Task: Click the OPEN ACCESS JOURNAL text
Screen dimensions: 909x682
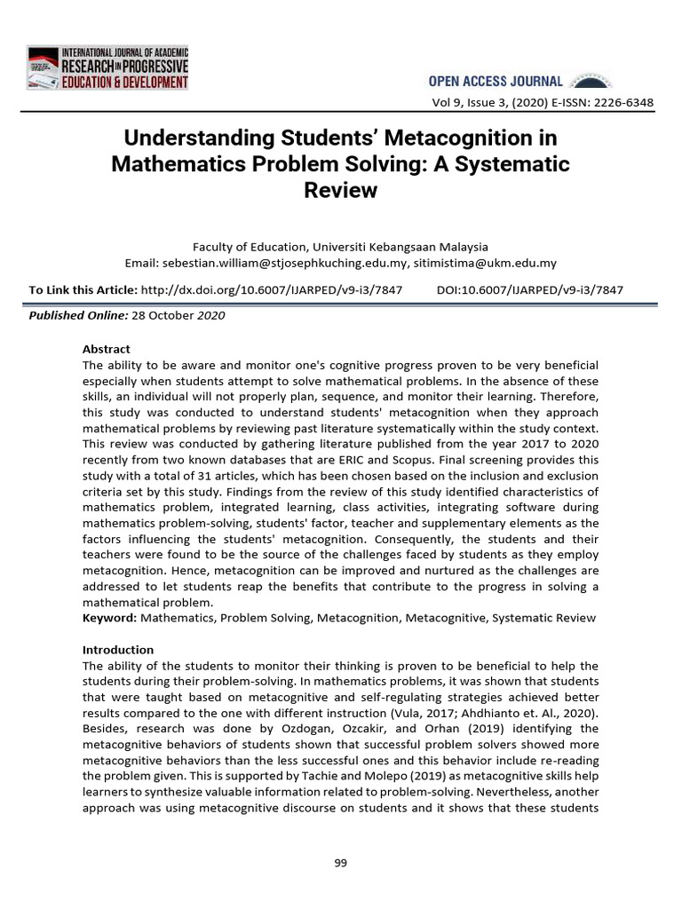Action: tap(505, 81)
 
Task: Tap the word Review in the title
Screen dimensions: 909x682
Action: tap(341, 190)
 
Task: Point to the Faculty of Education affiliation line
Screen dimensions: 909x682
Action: tap(341, 247)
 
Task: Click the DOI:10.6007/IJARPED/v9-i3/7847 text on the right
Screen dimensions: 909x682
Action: tap(530, 289)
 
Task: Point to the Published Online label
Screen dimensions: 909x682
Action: tap(78, 315)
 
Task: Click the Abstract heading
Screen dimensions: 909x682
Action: tap(107, 349)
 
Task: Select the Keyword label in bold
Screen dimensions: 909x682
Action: tap(109, 617)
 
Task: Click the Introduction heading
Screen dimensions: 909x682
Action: tap(118, 650)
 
